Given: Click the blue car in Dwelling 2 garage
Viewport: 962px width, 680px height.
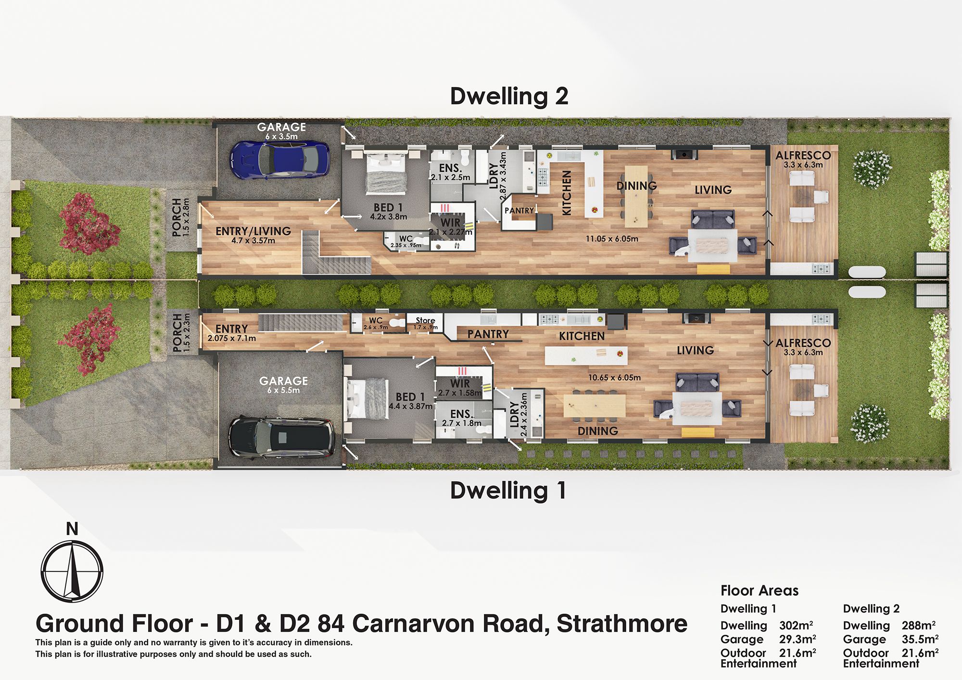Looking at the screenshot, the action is tap(280, 160).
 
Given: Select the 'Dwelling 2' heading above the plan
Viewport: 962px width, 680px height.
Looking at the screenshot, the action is tap(509, 96).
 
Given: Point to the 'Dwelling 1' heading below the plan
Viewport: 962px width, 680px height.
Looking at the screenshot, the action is tap(508, 491).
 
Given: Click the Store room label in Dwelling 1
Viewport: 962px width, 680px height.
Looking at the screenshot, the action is tap(425, 320).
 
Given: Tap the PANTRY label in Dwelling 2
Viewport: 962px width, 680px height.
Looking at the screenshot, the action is tap(519, 211).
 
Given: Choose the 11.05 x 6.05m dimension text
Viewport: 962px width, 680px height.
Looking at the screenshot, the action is tap(612, 239).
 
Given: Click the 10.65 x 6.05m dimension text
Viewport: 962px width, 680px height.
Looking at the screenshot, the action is tap(614, 378).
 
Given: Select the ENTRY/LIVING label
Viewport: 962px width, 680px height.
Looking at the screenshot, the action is tap(253, 231).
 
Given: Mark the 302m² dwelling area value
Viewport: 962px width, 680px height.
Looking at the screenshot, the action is tap(796, 625).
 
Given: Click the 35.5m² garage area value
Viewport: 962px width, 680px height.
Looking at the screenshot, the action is tap(920, 639).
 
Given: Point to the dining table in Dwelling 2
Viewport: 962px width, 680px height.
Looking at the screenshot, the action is tap(636, 196).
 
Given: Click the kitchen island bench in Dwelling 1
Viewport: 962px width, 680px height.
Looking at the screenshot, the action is tap(586, 355).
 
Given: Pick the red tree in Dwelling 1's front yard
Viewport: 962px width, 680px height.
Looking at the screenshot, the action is tap(89, 338).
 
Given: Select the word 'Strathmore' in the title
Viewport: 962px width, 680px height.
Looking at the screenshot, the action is tap(622, 624).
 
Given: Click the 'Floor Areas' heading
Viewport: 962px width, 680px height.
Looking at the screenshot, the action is tap(759, 591).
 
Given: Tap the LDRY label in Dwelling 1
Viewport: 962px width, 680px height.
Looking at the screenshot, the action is tap(514, 415).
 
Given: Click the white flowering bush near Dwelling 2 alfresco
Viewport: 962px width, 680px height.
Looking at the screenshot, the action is tap(872, 168).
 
